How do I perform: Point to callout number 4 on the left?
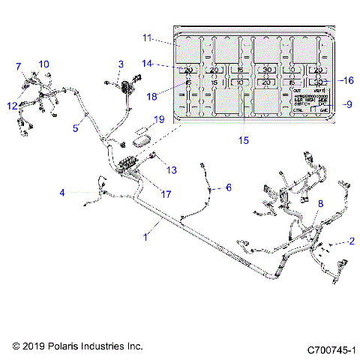(x=63, y=193)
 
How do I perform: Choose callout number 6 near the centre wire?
(x=229, y=187)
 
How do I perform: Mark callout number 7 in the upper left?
(x=18, y=67)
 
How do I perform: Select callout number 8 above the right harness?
(x=320, y=203)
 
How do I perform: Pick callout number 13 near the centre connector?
(x=172, y=170)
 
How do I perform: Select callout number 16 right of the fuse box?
(x=348, y=79)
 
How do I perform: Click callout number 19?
(x=157, y=119)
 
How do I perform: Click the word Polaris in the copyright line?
(x=65, y=346)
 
